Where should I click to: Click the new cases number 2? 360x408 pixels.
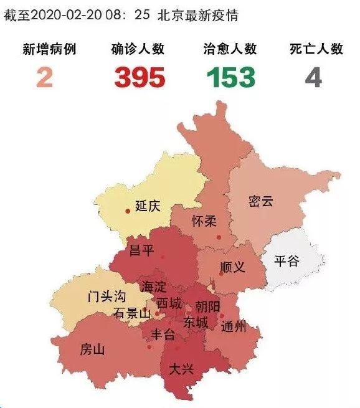tap(44, 77)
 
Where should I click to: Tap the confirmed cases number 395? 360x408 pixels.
tap(140, 77)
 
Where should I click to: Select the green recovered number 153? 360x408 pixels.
tap(231, 77)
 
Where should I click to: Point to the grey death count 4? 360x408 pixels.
tap(313, 77)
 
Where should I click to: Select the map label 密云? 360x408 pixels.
tap(261, 202)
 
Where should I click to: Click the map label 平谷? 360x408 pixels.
tap(287, 260)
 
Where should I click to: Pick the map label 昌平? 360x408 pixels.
tap(141, 250)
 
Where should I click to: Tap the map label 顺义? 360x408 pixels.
tap(233, 267)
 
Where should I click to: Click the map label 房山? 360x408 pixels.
tap(92, 349)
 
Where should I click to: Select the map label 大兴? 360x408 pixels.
tap(182, 369)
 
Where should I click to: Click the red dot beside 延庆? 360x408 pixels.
tap(128, 211)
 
